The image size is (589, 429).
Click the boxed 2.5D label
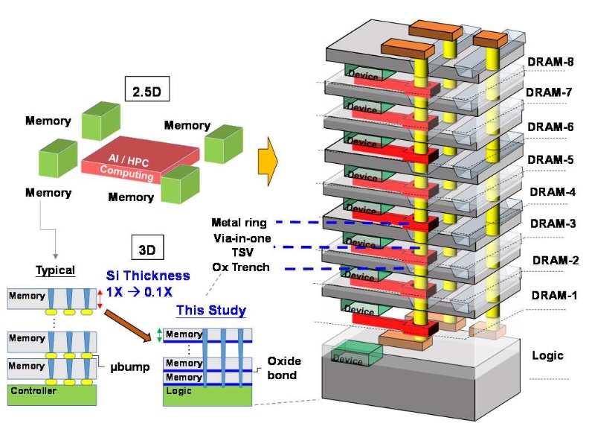point(147,89)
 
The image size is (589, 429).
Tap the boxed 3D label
point(147,247)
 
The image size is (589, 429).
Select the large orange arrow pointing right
point(268,161)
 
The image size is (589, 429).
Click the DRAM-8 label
point(550,62)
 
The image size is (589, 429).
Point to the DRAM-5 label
point(550,160)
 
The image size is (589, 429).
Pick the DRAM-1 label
point(555,296)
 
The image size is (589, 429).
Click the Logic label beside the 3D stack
point(547,355)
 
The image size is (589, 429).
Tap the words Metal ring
point(239,223)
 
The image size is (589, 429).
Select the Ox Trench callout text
point(241,267)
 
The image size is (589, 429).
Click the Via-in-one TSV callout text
point(242,245)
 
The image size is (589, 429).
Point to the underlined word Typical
point(55,270)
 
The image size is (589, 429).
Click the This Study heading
point(211,311)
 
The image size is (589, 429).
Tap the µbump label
point(130,367)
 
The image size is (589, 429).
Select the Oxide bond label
point(284,368)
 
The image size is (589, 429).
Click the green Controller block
point(52,395)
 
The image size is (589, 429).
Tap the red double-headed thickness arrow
point(100,299)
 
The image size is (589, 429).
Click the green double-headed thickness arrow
point(159,335)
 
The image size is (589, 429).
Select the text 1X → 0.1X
point(139,292)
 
